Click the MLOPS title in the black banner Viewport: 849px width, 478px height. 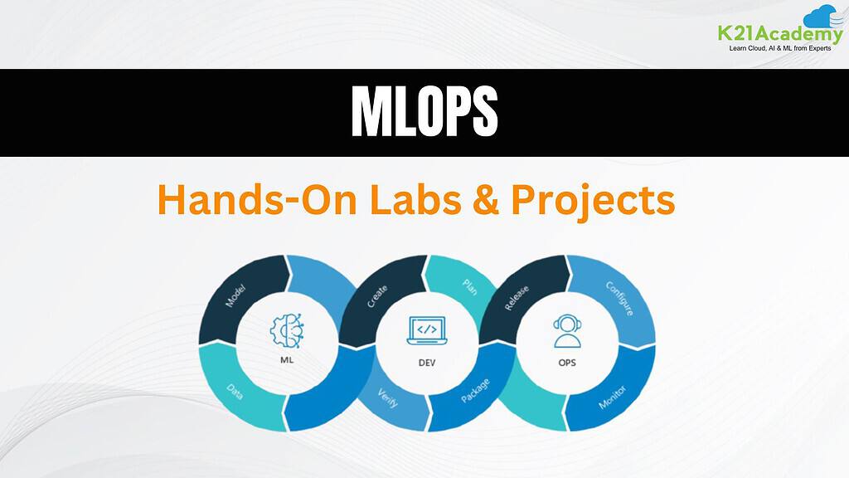[x=424, y=111]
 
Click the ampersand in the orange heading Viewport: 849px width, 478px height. [x=486, y=199]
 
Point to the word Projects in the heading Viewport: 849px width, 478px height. [x=594, y=201]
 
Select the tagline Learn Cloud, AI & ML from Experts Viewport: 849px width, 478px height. [x=779, y=48]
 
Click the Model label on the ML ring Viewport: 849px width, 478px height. [x=235, y=295]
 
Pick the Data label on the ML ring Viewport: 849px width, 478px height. [x=235, y=391]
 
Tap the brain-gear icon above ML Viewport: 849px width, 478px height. [x=287, y=330]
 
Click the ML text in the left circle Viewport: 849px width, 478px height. [x=287, y=360]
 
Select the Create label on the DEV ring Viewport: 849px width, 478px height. [x=377, y=296]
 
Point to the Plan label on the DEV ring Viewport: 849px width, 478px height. [x=469, y=286]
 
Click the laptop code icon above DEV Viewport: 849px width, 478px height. [x=427, y=330]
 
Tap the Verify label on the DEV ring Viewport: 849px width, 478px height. [x=388, y=398]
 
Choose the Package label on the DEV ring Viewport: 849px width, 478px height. [x=475, y=391]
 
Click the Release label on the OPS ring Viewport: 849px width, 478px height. [x=517, y=298]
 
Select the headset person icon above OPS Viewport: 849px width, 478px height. [x=567, y=330]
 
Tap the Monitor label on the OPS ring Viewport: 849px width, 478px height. [x=613, y=398]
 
